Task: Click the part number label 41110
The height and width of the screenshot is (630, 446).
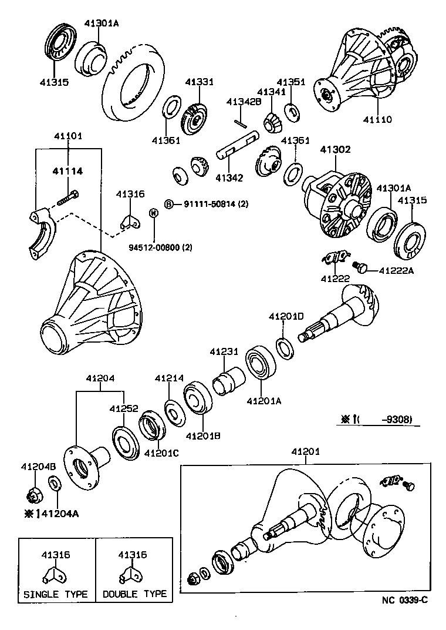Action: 377,119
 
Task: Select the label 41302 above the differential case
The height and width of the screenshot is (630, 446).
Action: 335,150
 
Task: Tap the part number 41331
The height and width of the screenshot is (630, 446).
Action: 200,82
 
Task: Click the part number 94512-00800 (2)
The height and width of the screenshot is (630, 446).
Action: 160,247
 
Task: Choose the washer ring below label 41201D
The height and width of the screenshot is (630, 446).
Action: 285,347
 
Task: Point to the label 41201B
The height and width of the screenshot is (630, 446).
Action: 202,436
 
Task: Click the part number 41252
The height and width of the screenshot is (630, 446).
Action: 123,408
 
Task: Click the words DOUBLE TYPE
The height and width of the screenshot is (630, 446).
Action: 134,594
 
